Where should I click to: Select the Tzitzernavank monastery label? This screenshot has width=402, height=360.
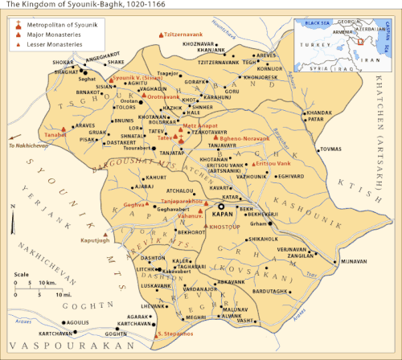click(183, 35)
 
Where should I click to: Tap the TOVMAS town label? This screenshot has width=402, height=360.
click(330, 149)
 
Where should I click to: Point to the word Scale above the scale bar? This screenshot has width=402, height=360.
click(22, 275)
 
